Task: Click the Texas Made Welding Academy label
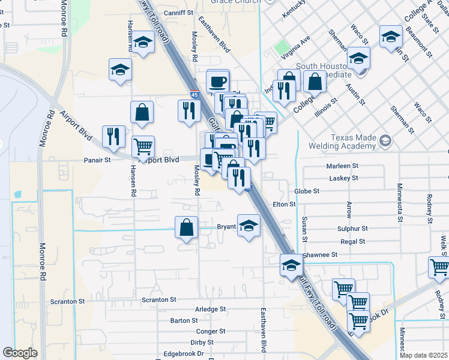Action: (342, 141)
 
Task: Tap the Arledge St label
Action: (211, 310)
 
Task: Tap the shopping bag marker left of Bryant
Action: (186, 227)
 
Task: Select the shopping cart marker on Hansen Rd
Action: (143, 146)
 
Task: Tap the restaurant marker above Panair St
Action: (113, 136)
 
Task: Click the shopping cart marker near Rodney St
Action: (439, 268)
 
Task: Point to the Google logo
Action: (20, 353)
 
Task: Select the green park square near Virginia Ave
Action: (281, 47)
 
